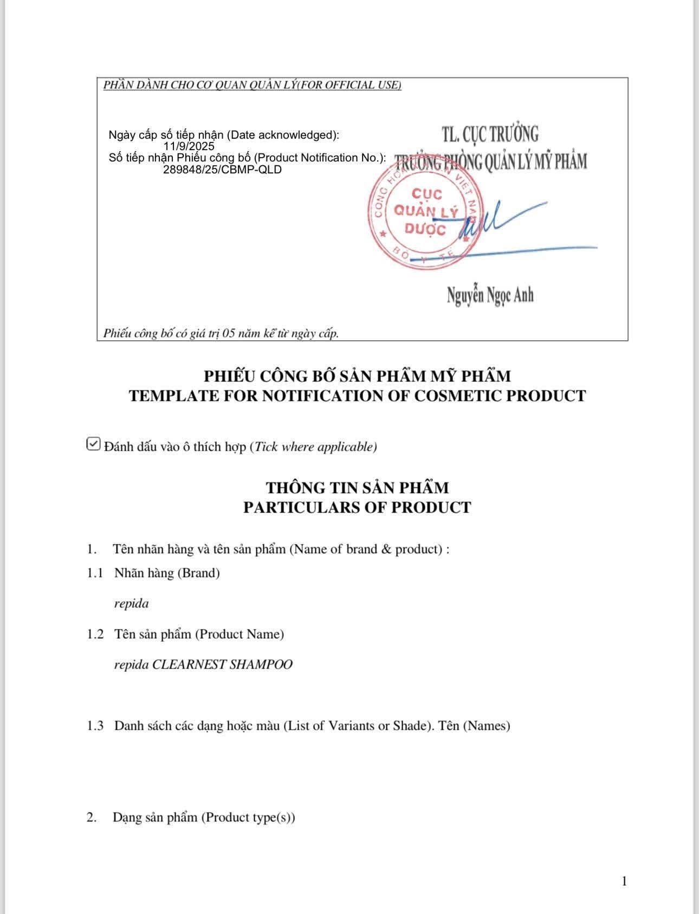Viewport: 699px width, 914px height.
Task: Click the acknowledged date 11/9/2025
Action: pos(189,146)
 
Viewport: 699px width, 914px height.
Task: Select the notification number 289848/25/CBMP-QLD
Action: pos(222,170)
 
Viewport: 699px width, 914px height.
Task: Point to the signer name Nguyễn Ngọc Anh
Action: pos(490,295)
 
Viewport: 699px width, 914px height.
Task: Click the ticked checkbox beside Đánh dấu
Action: pos(93,444)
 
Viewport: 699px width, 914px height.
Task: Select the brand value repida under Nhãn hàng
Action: pos(131,604)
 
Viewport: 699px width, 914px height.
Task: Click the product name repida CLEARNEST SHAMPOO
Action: pos(203,665)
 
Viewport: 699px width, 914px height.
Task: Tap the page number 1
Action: pos(624,881)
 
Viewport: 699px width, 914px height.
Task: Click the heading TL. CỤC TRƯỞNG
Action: pos(490,134)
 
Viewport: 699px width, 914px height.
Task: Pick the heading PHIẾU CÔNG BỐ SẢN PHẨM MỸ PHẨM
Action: pos(357,376)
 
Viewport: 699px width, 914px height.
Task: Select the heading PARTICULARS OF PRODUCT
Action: pos(357,508)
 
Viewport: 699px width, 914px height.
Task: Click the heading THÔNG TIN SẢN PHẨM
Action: pos(357,488)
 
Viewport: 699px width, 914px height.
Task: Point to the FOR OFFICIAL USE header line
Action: pos(252,85)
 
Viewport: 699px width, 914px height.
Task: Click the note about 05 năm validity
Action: pos(221,333)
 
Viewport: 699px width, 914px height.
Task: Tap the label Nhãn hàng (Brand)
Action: pos(167,573)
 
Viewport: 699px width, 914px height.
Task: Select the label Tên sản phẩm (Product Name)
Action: pos(199,634)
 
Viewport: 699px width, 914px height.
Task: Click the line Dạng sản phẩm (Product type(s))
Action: pos(204,818)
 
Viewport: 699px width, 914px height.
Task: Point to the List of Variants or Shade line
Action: pos(312,726)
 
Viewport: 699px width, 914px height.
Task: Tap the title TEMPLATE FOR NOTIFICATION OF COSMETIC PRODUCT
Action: pos(357,396)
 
